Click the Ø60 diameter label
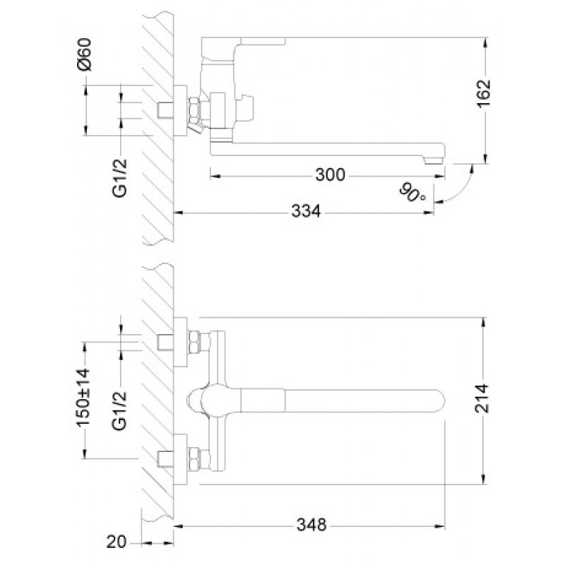(84, 54)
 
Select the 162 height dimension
(484, 93)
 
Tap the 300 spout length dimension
(331, 175)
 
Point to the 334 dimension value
(306, 211)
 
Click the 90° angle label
(412, 193)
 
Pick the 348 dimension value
(311, 525)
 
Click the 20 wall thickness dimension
(117, 542)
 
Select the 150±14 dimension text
(83, 397)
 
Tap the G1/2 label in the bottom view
(119, 411)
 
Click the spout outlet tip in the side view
(435, 160)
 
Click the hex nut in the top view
(194, 111)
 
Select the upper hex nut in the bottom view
(194, 342)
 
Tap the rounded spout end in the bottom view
(439, 400)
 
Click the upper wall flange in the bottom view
(180, 342)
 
